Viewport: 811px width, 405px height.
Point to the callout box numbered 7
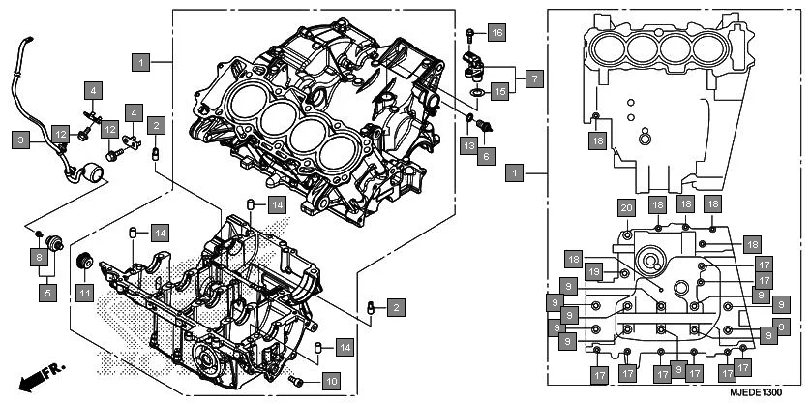pyautogui.click(x=533, y=76)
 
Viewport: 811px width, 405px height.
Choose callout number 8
pyautogui.click(x=39, y=257)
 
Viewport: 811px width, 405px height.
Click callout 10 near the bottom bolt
pyautogui.click(x=329, y=381)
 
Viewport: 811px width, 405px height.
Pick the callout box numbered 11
pyautogui.click(x=84, y=289)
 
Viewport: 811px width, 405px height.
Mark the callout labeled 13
pyautogui.click(x=468, y=145)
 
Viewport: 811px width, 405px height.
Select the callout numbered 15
pyautogui.click(x=499, y=92)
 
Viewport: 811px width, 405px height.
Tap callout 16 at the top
pyautogui.click(x=496, y=33)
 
